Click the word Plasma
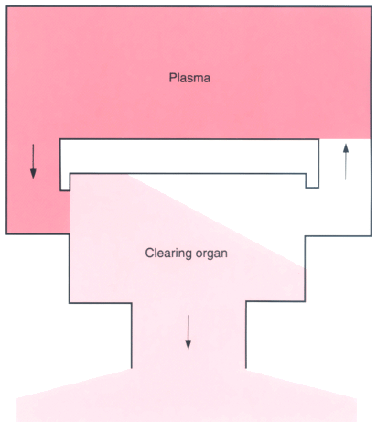(189, 78)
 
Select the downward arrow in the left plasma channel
(33, 161)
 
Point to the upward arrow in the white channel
(346, 162)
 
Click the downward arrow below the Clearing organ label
(188, 332)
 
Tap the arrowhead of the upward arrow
(346, 148)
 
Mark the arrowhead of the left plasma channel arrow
(33, 174)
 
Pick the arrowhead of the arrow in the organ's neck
(188, 345)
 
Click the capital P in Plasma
(172, 78)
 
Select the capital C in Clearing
(149, 253)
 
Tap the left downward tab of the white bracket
(65, 182)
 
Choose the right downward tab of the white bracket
(312, 180)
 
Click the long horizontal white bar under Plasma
(189, 157)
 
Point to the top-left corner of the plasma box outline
(6, 6)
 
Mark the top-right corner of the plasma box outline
(372, 7)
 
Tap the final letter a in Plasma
(207, 80)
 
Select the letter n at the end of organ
(224, 254)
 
